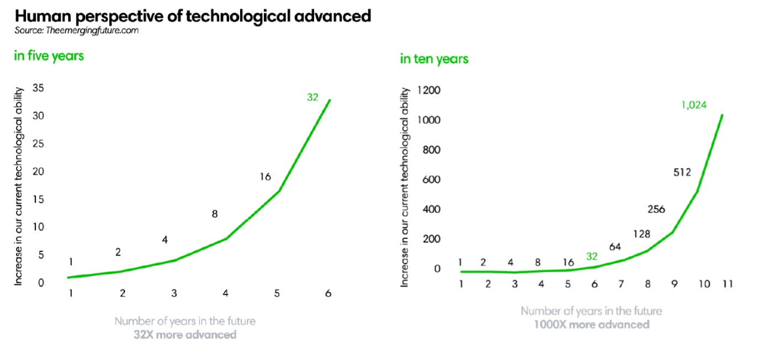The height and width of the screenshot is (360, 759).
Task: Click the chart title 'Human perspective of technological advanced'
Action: (x=193, y=16)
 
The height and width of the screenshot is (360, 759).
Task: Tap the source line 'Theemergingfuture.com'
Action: (x=76, y=30)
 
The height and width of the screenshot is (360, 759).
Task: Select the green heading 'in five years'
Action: (x=49, y=56)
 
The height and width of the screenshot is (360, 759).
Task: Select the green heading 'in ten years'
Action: (x=434, y=59)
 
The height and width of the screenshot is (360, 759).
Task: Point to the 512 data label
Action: (x=683, y=172)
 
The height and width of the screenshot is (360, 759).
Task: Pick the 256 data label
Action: (x=656, y=209)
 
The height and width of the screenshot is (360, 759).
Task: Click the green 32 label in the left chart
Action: (x=313, y=97)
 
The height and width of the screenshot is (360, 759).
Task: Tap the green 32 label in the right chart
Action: (x=592, y=256)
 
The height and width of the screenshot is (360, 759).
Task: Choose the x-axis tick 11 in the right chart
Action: (x=728, y=284)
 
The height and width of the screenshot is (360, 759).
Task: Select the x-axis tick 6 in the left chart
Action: (x=328, y=294)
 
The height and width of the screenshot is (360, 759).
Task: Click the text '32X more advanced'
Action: (x=185, y=335)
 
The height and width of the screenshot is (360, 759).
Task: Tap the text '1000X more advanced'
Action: (x=591, y=324)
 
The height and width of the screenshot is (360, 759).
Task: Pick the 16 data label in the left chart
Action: (x=266, y=177)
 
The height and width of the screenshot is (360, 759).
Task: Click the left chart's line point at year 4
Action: (x=226, y=239)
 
